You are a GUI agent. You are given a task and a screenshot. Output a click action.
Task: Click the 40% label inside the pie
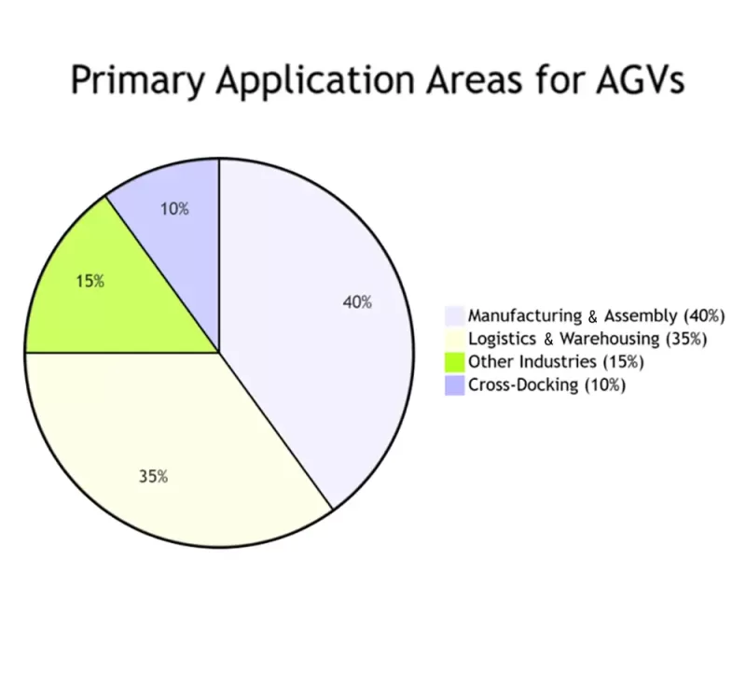(x=357, y=302)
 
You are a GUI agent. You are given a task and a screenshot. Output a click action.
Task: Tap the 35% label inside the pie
(x=153, y=476)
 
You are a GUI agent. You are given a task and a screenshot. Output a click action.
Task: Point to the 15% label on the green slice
(x=90, y=280)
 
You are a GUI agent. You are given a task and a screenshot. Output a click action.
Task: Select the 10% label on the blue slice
(x=174, y=209)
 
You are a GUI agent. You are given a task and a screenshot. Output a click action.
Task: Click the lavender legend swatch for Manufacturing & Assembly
(x=455, y=315)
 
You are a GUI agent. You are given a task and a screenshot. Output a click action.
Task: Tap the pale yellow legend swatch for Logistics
(x=455, y=339)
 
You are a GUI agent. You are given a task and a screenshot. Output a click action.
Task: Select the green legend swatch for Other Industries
(x=455, y=361)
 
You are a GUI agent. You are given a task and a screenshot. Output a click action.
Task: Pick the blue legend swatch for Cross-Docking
(x=455, y=384)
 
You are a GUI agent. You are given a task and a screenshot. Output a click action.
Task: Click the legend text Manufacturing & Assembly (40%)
(x=596, y=315)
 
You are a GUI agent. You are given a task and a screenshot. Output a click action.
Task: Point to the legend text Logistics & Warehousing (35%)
(x=587, y=339)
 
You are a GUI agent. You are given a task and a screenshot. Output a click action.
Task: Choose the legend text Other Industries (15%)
(x=556, y=361)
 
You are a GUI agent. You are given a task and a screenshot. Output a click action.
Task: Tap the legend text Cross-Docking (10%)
(x=546, y=384)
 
